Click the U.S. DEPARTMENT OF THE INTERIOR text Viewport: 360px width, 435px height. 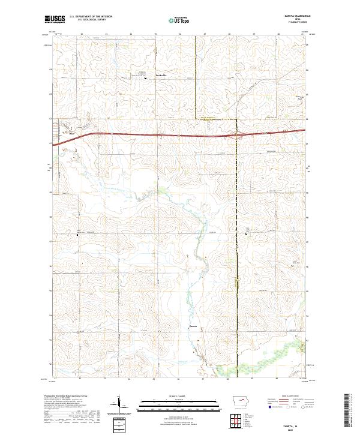91,17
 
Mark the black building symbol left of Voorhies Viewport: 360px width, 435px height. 145,77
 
